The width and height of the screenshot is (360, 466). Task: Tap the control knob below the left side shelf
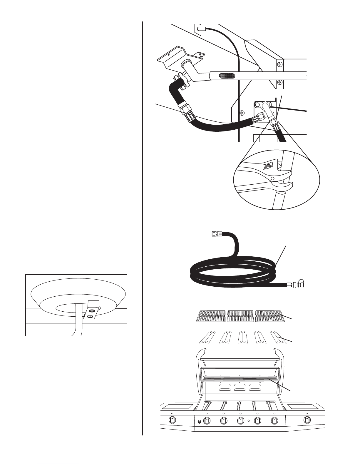[172, 420]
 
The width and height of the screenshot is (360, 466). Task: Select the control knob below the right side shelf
[307, 420]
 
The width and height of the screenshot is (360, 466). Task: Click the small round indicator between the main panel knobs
[249, 421]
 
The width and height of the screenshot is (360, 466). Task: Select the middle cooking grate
[241, 316]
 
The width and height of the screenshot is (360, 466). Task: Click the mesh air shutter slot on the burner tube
[227, 76]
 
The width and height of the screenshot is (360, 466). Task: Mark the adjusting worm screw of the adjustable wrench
[268, 167]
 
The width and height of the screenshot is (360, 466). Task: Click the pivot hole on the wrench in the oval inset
[272, 178]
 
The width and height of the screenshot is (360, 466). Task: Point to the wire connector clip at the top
[200, 29]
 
